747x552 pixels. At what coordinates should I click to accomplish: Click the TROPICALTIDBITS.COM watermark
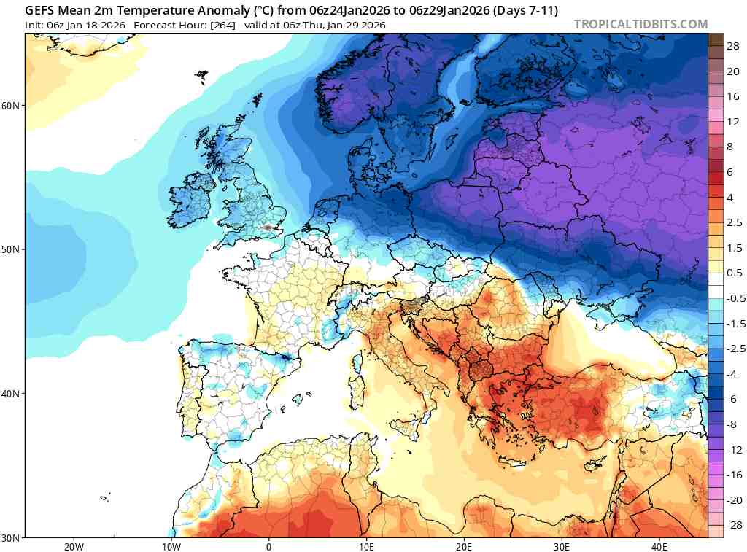pyautogui.click(x=640, y=24)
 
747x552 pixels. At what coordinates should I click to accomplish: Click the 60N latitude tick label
pyautogui.click(x=12, y=105)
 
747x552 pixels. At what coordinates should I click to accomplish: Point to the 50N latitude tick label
pyautogui.click(x=12, y=249)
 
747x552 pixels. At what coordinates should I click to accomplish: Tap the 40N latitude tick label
pyautogui.click(x=12, y=394)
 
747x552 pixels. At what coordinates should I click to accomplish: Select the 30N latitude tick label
pyautogui.click(x=12, y=537)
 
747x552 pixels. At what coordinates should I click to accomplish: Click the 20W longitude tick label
pyautogui.click(x=74, y=546)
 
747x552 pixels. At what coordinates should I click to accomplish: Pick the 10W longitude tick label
pyautogui.click(x=171, y=546)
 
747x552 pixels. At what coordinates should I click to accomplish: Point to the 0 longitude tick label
pyautogui.click(x=268, y=546)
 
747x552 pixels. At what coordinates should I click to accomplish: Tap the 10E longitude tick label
pyautogui.click(x=366, y=546)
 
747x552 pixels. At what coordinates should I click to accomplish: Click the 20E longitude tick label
pyautogui.click(x=464, y=546)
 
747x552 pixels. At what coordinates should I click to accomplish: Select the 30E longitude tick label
pyautogui.click(x=562, y=546)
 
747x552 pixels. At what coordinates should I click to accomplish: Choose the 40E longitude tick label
pyautogui.click(x=659, y=546)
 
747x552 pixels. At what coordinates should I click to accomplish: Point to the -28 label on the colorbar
pyautogui.click(x=732, y=525)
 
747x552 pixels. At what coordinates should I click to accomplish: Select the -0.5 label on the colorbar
pyautogui.click(x=733, y=298)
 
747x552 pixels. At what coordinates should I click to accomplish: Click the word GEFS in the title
pyautogui.click(x=42, y=11)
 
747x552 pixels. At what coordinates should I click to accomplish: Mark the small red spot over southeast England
pyautogui.click(x=271, y=228)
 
